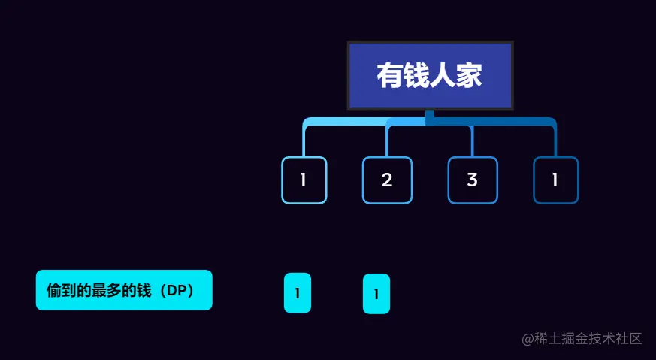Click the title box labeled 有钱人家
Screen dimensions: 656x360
(430, 76)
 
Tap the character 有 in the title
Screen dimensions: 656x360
(389, 77)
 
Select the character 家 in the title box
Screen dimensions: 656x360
(470, 77)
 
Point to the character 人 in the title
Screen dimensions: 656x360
(443, 77)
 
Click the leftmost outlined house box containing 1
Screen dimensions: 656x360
(304, 180)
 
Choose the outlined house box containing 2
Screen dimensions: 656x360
(387, 180)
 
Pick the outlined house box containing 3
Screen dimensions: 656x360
(472, 180)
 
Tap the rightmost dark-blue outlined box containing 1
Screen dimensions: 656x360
(555, 180)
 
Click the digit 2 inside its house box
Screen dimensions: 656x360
(387, 180)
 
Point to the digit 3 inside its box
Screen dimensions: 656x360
(472, 180)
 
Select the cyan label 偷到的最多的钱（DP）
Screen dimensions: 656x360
(124, 290)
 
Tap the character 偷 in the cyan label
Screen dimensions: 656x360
(53, 290)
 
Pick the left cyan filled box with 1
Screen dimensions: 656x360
(298, 293)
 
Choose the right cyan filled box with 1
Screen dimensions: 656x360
(376, 293)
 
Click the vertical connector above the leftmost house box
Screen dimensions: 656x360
(304, 141)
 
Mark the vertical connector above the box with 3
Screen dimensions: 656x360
(472, 141)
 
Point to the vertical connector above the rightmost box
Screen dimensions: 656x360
(555, 141)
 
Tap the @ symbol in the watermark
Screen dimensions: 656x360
(528, 338)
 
